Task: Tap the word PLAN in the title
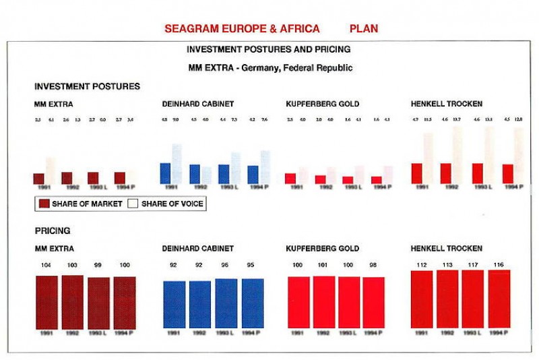pos(364,29)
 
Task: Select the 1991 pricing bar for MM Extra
pos(48,301)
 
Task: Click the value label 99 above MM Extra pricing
pos(98,266)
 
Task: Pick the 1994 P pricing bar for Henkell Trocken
pos(499,299)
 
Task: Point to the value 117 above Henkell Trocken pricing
pos(474,266)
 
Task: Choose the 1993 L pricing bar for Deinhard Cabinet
pos(226,303)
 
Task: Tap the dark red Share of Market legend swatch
pos(44,204)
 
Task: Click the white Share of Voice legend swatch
pos(133,204)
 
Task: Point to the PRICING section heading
pos(52,231)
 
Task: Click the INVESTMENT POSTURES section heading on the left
pos(87,86)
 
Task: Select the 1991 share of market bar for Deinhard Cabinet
pos(165,173)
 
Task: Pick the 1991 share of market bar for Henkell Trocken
pos(416,173)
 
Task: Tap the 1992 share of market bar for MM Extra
pos(67,178)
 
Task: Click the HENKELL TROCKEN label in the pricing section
pos(446,249)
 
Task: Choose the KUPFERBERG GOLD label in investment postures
pos(322,104)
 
